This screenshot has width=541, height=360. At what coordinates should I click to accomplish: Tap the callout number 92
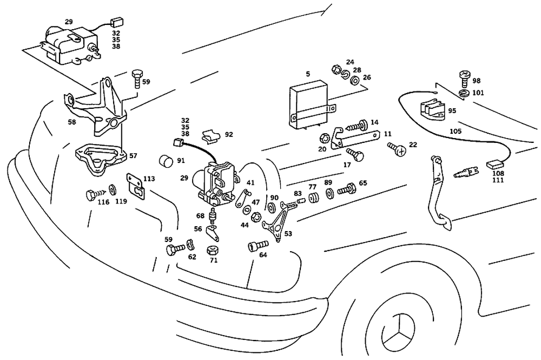pos(229,134)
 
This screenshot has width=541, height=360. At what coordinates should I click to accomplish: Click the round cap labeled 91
pos(166,161)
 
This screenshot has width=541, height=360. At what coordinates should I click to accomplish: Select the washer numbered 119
pos(112,189)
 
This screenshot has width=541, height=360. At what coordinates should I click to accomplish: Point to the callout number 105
pos(456,132)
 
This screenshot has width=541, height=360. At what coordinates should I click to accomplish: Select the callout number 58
pos(71,122)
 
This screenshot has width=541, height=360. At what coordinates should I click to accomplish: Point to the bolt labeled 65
pos(346,190)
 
